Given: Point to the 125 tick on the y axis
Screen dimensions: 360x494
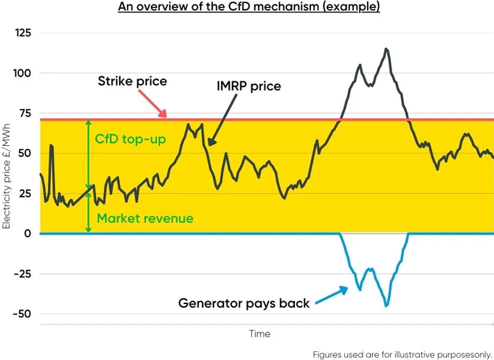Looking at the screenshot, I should coord(23,33).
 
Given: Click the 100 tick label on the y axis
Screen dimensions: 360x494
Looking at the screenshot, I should coord(23,73).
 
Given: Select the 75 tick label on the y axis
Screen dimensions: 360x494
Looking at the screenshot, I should coord(25,113).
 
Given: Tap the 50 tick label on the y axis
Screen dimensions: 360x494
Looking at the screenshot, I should coord(25,153).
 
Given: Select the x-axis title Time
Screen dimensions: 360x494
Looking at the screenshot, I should coord(259,334).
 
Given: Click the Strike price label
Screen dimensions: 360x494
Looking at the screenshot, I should coord(132,81).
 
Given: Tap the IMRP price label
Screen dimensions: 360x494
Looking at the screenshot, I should coord(247,86).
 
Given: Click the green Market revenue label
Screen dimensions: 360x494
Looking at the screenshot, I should coord(145,218).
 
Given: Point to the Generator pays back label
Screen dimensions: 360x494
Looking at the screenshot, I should coord(243,303).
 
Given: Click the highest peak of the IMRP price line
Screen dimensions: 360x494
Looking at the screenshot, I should coord(386,49).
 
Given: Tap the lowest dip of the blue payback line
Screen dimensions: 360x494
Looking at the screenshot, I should coord(386,306).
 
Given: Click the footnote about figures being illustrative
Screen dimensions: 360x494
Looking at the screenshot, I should coord(402,354).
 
